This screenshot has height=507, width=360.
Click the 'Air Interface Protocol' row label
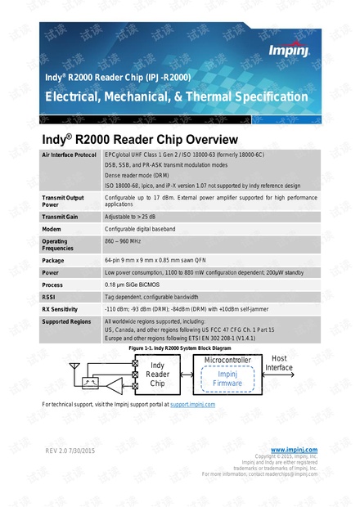pos(70,155)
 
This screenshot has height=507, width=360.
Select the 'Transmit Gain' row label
pos(61,217)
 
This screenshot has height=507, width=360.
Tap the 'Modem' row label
pos(53,230)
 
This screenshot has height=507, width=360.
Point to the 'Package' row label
pos(54,260)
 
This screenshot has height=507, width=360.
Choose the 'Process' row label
pos(54,285)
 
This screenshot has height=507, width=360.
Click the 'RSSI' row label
pos(50,297)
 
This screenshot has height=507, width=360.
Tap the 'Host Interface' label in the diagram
pos(278,363)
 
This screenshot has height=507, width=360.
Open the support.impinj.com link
pos(192,405)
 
